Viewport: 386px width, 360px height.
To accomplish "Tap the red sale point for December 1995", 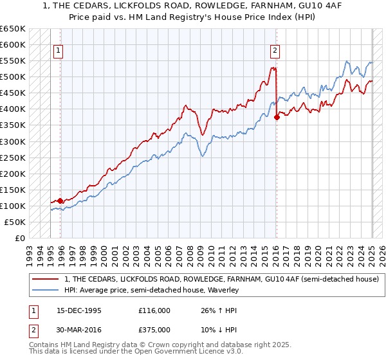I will [60, 201].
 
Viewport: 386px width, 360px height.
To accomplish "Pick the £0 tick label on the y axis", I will [21, 238].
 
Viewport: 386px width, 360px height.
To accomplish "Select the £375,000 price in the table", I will [154, 329].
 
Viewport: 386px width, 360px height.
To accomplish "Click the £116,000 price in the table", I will [154, 310].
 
